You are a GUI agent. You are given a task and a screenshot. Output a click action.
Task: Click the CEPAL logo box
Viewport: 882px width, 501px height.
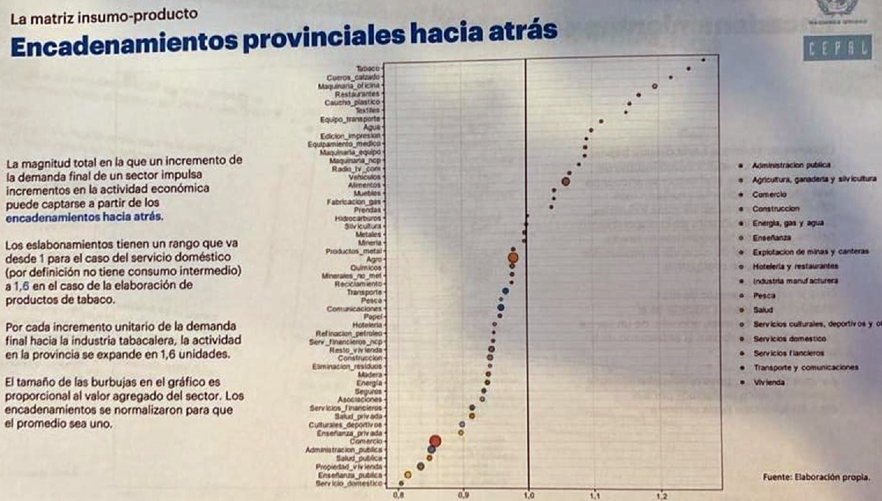pyautogui.click(x=837, y=49)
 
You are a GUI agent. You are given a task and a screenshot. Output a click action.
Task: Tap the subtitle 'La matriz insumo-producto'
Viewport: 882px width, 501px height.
pyautogui.click(x=104, y=16)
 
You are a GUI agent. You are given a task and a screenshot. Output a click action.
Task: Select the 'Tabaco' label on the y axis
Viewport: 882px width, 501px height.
pyautogui.click(x=367, y=68)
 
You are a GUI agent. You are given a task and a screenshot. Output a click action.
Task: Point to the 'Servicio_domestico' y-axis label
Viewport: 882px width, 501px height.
pyautogui.click(x=349, y=483)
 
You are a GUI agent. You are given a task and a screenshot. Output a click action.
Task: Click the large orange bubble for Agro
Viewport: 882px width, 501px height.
pyautogui.click(x=513, y=258)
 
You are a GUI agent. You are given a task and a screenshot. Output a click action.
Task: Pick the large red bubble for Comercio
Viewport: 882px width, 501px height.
pyautogui.click(x=435, y=441)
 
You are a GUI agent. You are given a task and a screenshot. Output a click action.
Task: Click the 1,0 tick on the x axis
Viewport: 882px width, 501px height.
pyautogui.click(x=528, y=496)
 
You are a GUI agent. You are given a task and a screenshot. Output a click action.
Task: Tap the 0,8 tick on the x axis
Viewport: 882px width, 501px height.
pyautogui.click(x=399, y=496)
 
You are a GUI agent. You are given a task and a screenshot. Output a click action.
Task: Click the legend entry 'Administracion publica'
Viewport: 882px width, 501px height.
pyautogui.click(x=791, y=165)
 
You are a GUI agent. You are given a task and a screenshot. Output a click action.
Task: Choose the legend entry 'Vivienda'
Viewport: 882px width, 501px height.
pyautogui.click(x=769, y=382)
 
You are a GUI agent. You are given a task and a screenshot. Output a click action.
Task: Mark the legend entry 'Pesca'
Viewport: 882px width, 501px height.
pyautogui.click(x=764, y=296)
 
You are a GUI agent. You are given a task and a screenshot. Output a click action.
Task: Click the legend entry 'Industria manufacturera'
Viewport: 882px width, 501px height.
pyautogui.click(x=795, y=281)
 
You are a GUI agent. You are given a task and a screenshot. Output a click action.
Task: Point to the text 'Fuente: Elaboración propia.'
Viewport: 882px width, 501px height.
pyautogui.click(x=816, y=477)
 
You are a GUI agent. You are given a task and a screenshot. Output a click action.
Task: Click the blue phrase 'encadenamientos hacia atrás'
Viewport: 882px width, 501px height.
pyautogui.click(x=84, y=218)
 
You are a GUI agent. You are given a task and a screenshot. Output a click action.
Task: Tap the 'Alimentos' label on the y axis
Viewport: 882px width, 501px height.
pyautogui.click(x=365, y=185)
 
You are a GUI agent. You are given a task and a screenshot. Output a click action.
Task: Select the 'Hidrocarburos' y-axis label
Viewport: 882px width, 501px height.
pyautogui.click(x=358, y=219)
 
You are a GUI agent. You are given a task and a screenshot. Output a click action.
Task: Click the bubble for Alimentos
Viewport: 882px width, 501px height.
pyautogui.click(x=566, y=182)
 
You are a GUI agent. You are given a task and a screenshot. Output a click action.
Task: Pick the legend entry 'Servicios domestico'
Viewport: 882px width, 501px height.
pyautogui.click(x=789, y=339)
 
